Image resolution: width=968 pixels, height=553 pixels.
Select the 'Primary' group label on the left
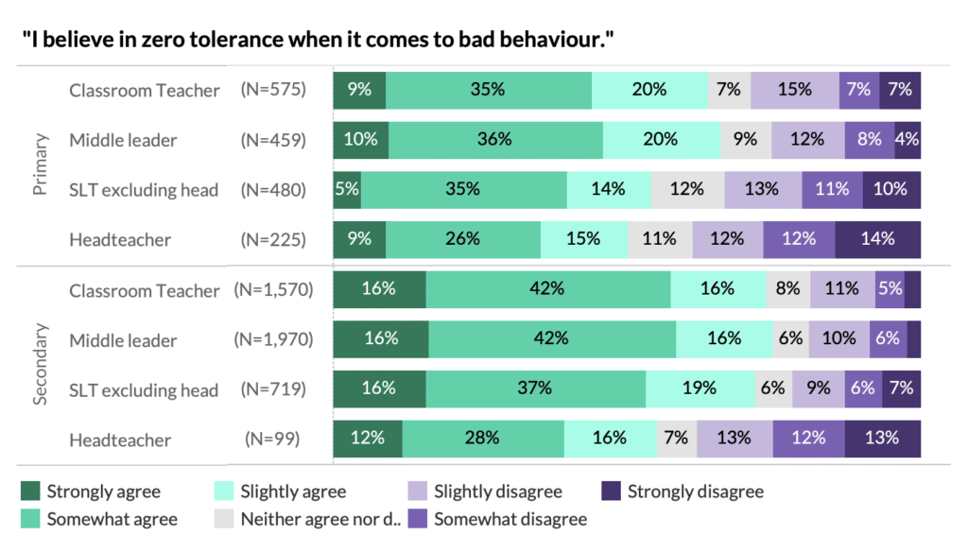[40, 164]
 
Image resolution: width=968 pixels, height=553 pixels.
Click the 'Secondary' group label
[40, 365]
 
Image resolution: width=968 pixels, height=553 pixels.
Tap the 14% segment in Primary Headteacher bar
[877, 239]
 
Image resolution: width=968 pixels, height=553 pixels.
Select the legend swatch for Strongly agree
[31, 492]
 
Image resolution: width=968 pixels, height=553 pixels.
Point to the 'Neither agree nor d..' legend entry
[308, 519]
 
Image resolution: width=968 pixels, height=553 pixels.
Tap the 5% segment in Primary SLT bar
[347, 189]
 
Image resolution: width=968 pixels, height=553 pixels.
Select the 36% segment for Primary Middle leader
[495, 139]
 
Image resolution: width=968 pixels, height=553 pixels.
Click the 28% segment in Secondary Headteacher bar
[483, 439]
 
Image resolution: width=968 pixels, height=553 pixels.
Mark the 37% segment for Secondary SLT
[536, 389]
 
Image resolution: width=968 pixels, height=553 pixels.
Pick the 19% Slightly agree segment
[700, 389]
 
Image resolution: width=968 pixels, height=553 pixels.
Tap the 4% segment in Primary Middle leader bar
[907, 139]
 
